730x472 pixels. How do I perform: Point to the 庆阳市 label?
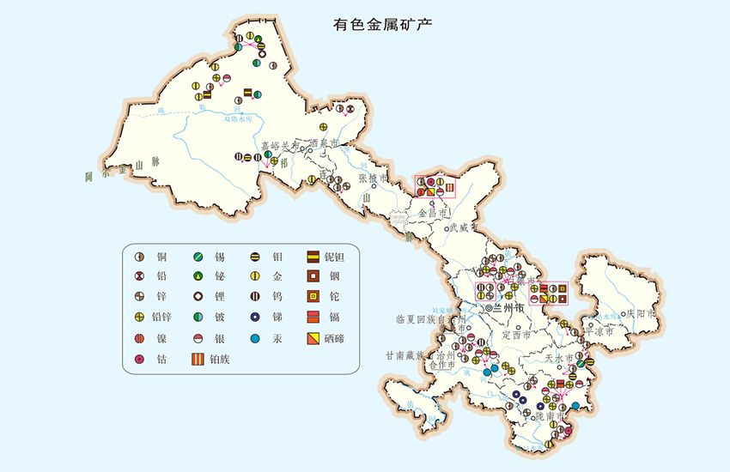point(642,314)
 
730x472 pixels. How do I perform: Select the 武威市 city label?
point(462,227)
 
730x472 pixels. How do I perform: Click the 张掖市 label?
point(374,179)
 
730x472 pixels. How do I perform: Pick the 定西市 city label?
point(518,335)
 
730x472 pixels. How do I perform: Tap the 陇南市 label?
point(549,416)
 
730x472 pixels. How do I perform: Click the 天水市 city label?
point(558,357)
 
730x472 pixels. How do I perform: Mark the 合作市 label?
point(441,365)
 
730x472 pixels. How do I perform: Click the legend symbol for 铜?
point(139,256)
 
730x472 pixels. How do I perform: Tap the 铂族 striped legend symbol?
point(198,360)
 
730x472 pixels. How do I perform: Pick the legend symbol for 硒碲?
point(313,339)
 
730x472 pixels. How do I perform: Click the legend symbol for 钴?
point(139,360)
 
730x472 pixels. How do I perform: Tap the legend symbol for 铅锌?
point(139,318)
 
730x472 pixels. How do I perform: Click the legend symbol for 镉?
point(313,318)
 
